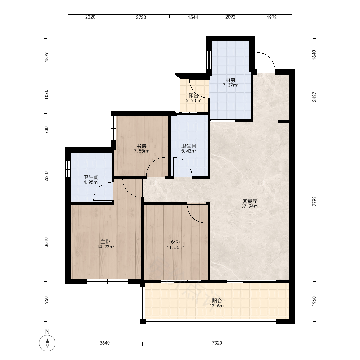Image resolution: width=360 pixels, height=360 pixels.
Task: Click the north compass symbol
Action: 47,343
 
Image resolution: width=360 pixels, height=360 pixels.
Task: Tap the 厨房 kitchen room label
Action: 230,80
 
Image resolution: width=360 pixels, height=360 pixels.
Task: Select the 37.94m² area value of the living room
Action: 250,206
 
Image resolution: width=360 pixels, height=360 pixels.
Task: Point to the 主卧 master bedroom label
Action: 105,242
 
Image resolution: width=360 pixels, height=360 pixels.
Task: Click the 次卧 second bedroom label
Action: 175,242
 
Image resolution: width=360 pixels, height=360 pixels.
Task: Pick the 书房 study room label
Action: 141,146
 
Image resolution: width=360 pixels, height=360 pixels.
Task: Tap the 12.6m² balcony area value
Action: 217,306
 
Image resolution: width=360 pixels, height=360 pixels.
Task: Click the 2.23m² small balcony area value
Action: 193,100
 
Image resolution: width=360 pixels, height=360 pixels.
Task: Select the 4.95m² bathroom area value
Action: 91,182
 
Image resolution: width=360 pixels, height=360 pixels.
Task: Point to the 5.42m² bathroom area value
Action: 189,151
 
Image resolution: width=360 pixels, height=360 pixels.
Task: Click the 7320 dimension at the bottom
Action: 217,343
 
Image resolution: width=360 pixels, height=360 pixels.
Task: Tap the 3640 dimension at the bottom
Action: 105,343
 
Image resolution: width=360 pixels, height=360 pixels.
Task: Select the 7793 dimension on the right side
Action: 314,201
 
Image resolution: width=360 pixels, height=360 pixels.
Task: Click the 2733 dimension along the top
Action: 141,17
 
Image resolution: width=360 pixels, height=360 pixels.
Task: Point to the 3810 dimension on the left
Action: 46,242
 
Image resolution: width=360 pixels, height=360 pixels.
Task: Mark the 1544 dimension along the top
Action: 193,17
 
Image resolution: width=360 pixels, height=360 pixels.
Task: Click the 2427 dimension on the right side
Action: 314,97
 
